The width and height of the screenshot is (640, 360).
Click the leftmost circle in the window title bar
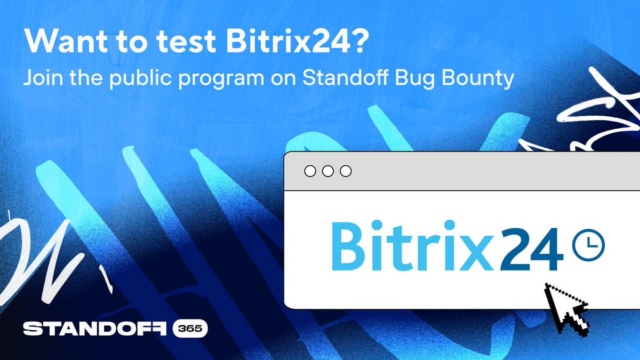click(x=310, y=171)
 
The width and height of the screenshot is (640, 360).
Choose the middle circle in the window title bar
click(x=328, y=171)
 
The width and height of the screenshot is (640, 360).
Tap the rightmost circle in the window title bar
click(x=346, y=171)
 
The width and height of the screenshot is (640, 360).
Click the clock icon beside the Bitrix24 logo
click(x=588, y=245)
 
